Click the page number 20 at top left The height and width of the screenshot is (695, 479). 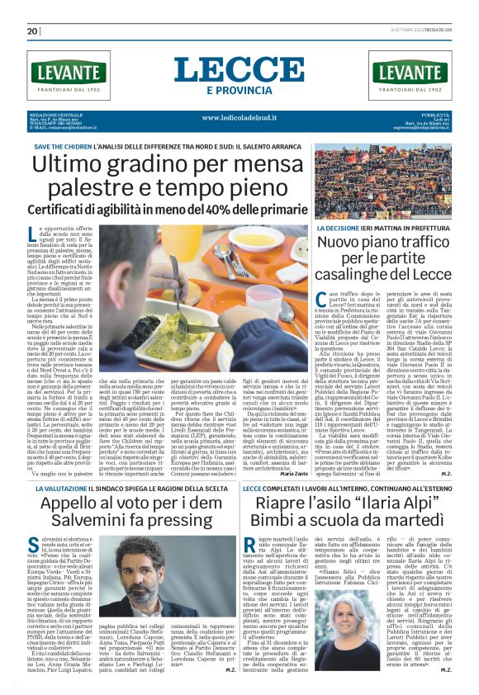pos(32,31)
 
